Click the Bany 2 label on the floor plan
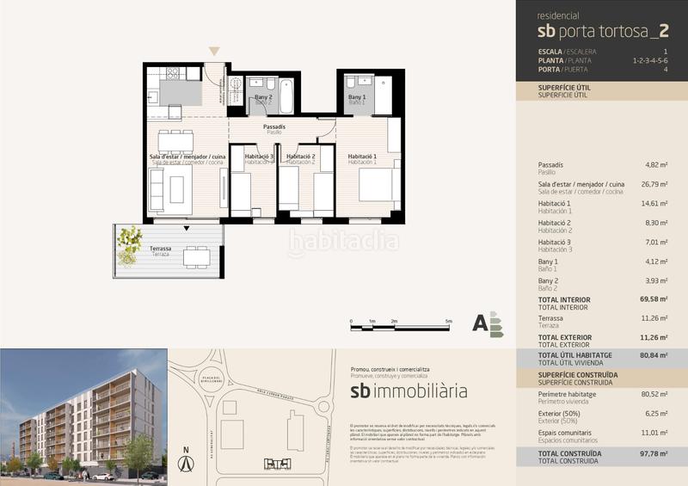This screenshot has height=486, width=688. pyautogui.click(x=263, y=99)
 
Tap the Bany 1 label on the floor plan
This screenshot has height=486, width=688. pyautogui.click(x=357, y=99)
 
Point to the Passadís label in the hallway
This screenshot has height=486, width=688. pyautogui.click(x=274, y=129)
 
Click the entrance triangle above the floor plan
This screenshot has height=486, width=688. pyautogui.click(x=214, y=52)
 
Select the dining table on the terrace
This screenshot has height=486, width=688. pyautogui.click(x=196, y=255)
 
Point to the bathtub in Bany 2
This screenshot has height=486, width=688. pyautogui.click(x=286, y=96)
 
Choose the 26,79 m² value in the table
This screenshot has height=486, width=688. pyautogui.click(x=656, y=184)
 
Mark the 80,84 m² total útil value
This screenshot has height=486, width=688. pyautogui.click(x=655, y=355)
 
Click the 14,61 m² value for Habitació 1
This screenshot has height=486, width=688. pyautogui.click(x=656, y=204)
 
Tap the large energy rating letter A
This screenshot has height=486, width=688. pyautogui.click(x=480, y=323)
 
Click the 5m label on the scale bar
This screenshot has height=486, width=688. pyautogui.click(x=449, y=320)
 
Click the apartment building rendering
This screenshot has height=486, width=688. pyautogui.click(x=82, y=413)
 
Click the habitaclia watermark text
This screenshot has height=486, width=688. pyautogui.click(x=343, y=243)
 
